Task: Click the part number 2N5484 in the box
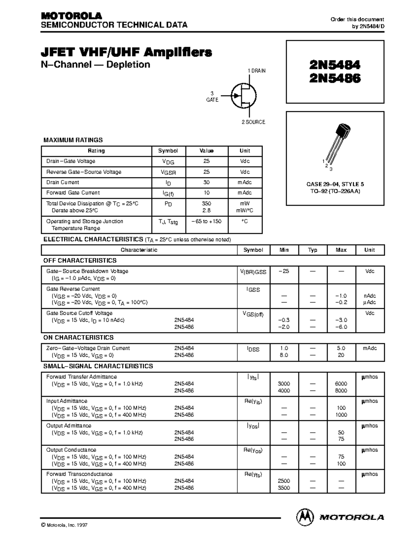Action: (335, 65)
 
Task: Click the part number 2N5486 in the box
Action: (335, 78)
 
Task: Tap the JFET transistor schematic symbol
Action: (244, 96)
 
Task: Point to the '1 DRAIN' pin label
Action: (257, 71)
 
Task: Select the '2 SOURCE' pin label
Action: (253, 122)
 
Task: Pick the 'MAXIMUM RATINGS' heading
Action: (73, 140)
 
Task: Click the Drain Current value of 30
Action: (206, 182)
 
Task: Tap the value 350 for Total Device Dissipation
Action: (206, 203)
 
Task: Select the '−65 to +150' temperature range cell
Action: (206, 221)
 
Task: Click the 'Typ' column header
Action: (313, 250)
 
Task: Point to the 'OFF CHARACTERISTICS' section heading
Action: (80, 260)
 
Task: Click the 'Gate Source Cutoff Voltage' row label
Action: (79, 313)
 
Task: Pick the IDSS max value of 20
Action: (341, 355)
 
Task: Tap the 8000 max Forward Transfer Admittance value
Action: (341, 391)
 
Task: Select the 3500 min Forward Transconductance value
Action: (284, 488)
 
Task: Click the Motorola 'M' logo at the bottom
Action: (305, 517)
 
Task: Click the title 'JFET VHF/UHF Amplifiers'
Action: (126, 52)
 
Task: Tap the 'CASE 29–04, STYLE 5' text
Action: (335, 184)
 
